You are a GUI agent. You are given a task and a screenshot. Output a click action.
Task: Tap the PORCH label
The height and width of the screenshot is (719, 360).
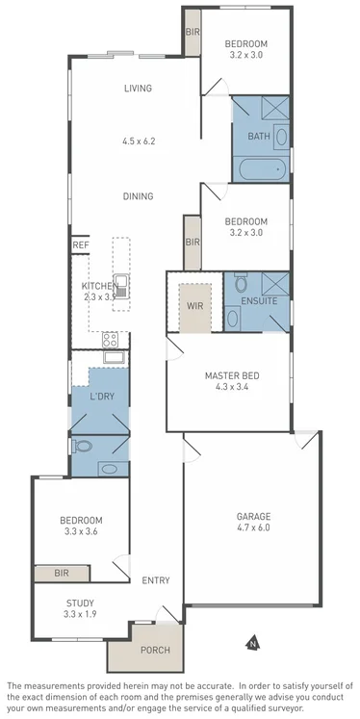pyautogui.click(x=155, y=650)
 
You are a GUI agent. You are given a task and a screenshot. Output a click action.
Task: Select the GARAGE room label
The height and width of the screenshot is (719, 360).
pyautogui.click(x=253, y=516)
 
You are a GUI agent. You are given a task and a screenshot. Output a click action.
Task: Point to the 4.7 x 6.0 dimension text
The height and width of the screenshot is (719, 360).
pyautogui.click(x=253, y=528)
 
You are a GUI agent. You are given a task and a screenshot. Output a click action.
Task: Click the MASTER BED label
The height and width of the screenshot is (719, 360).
pyautogui.click(x=232, y=375)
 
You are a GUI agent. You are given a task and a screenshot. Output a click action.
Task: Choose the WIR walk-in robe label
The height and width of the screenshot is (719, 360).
pyautogui.click(x=194, y=307)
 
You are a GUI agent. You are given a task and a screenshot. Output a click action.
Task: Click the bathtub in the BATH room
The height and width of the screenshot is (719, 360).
pyautogui.click(x=261, y=171)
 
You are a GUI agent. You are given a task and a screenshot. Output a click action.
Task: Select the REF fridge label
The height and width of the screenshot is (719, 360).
pyautogui.click(x=80, y=246)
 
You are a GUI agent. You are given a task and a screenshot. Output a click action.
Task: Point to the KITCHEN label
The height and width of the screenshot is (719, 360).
pyautogui.click(x=99, y=287)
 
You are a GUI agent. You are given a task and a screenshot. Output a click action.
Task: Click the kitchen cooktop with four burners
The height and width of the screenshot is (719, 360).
pyautogui.click(x=110, y=339)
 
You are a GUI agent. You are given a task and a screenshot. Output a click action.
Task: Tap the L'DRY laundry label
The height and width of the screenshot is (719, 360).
pyautogui.click(x=103, y=397)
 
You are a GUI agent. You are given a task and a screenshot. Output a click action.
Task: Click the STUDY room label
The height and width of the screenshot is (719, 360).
pyautogui.click(x=80, y=603)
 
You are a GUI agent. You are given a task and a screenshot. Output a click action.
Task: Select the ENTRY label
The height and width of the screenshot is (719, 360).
pyautogui.click(x=155, y=580)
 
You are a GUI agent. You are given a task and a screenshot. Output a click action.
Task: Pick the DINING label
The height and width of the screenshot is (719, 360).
pyautogui.click(x=139, y=196)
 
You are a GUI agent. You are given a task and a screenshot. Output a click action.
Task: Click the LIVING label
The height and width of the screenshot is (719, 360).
pyautogui.click(x=139, y=89)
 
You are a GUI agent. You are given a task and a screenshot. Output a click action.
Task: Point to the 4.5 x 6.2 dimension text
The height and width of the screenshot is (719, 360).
pyautogui.click(x=139, y=141)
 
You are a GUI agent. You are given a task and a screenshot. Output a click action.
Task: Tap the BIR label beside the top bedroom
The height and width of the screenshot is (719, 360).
pyautogui.click(x=192, y=33)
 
